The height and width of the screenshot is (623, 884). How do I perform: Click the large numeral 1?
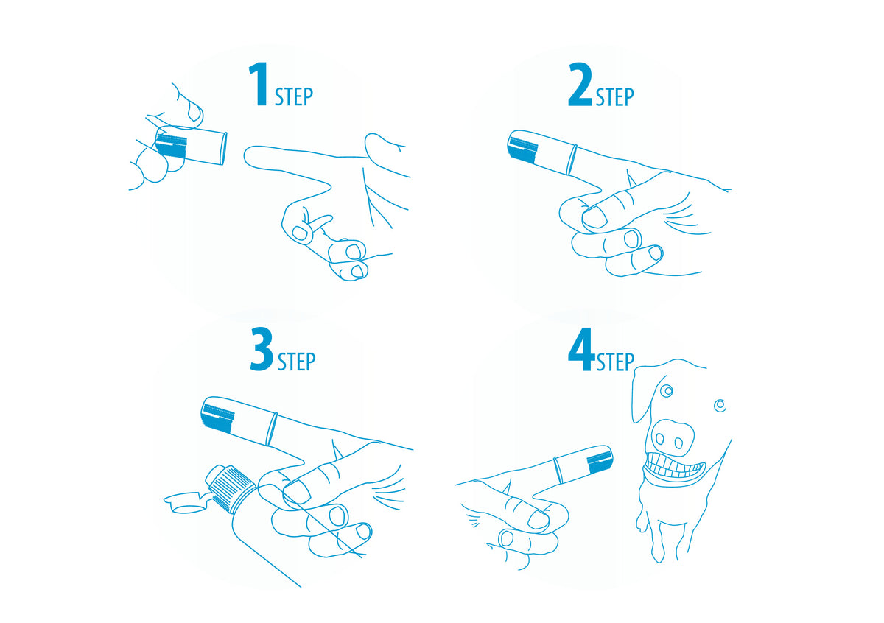[x=259, y=84]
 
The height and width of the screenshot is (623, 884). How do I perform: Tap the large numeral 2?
[x=580, y=84]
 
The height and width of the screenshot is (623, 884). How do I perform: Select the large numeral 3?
[x=262, y=349]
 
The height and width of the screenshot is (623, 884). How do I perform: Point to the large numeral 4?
[x=582, y=349]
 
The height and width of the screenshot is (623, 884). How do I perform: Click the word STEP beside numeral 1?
[x=294, y=96]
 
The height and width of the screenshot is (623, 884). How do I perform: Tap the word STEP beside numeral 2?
[x=615, y=96]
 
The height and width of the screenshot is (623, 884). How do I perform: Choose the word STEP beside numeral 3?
[x=297, y=362]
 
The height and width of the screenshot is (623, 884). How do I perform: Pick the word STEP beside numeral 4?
[x=615, y=362]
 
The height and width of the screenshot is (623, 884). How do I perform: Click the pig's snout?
[x=672, y=438]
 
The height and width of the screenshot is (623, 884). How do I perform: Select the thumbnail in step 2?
[x=594, y=217]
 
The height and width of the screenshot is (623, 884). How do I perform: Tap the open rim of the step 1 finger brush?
[x=224, y=148]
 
